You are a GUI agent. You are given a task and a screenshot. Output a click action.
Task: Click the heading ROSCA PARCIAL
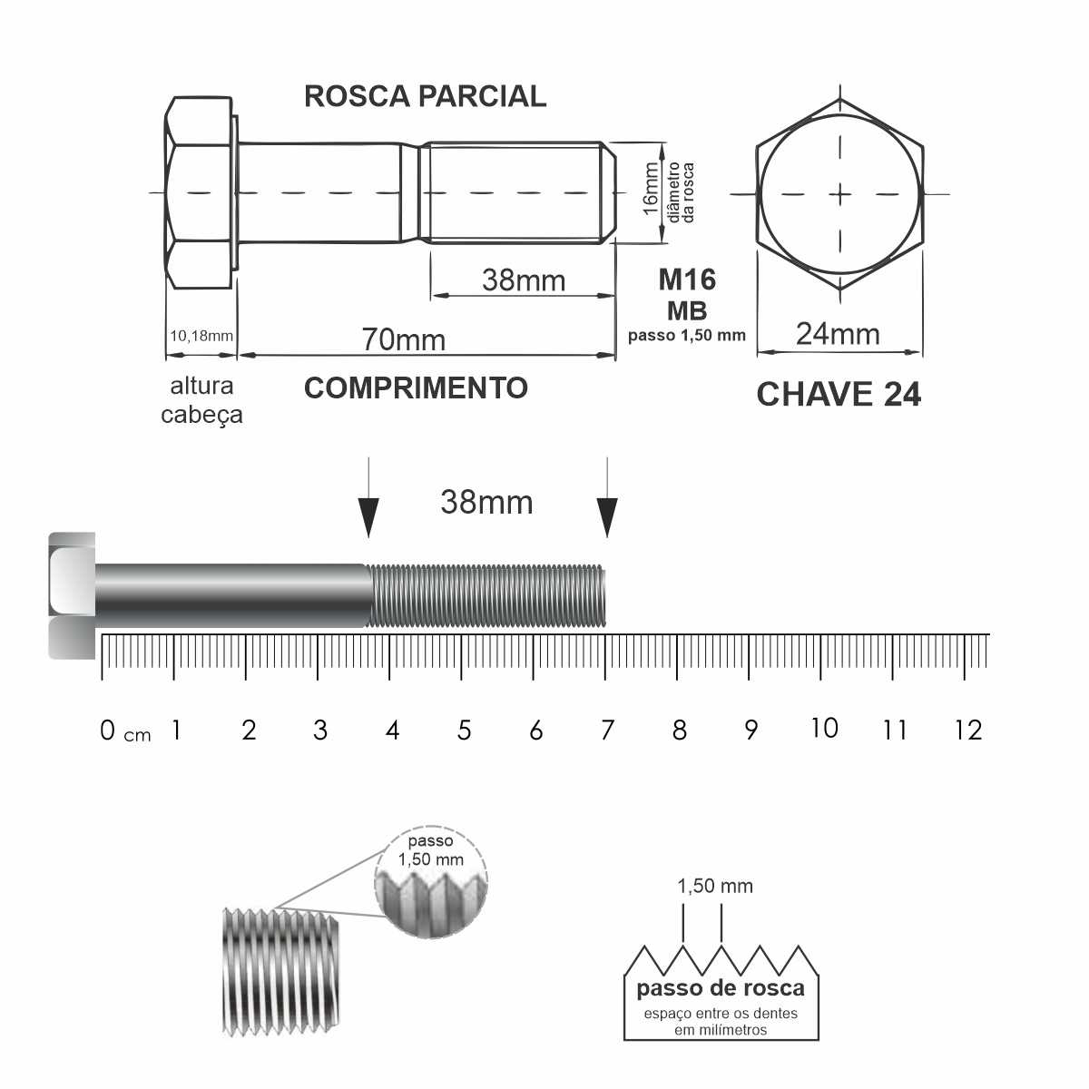point(425,96)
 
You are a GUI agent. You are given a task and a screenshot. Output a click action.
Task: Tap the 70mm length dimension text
point(404,339)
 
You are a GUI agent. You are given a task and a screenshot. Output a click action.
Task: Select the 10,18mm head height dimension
point(201,336)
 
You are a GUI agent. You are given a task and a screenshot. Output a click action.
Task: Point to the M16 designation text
point(687,280)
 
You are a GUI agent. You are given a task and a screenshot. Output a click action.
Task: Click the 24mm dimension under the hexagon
point(838,334)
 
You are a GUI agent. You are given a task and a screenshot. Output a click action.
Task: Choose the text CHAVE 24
point(839,394)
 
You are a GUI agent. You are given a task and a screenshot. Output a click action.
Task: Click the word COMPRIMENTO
point(416,388)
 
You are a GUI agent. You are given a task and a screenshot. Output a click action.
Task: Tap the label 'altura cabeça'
point(201,400)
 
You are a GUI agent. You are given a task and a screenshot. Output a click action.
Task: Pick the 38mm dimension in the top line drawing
point(524,280)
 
